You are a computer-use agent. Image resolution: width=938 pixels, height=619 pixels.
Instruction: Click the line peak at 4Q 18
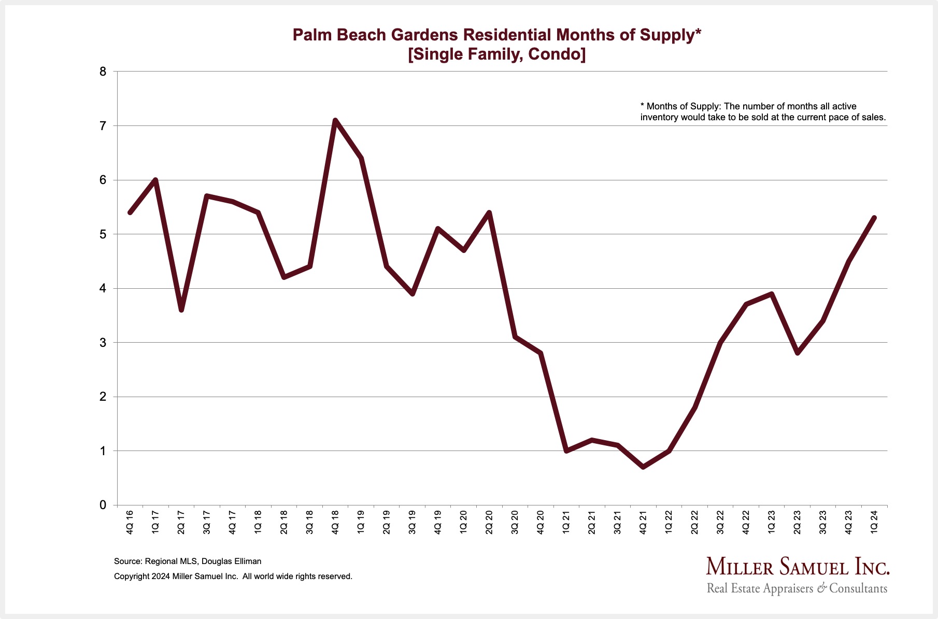(335, 120)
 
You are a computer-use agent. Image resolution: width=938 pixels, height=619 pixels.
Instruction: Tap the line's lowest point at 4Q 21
(643, 467)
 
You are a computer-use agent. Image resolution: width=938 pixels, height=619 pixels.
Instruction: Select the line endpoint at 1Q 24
(874, 218)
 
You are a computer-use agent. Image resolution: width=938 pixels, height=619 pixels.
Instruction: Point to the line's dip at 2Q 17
(181, 310)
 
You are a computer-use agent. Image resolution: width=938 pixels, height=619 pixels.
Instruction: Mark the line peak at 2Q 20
(489, 213)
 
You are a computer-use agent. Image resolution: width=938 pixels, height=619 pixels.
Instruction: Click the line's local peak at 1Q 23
(772, 294)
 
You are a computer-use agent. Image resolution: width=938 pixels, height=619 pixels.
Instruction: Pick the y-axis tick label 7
(103, 126)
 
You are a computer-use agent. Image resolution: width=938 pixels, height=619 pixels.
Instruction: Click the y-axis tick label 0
(103, 505)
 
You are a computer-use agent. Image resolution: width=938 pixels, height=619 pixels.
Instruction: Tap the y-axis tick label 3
(103, 343)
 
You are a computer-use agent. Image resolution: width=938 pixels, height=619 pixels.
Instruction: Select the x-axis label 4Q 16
(130, 522)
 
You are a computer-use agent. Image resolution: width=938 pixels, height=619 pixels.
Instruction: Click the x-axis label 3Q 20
(515, 522)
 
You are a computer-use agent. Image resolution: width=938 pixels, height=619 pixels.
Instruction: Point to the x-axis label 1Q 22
(669, 522)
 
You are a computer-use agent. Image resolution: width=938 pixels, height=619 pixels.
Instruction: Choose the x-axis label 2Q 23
(798, 522)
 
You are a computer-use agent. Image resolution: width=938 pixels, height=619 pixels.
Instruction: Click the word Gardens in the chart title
(424, 35)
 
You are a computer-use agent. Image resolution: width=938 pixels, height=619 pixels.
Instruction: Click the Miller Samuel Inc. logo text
(797, 567)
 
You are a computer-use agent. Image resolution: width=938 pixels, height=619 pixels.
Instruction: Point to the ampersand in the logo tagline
(822, 588)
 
